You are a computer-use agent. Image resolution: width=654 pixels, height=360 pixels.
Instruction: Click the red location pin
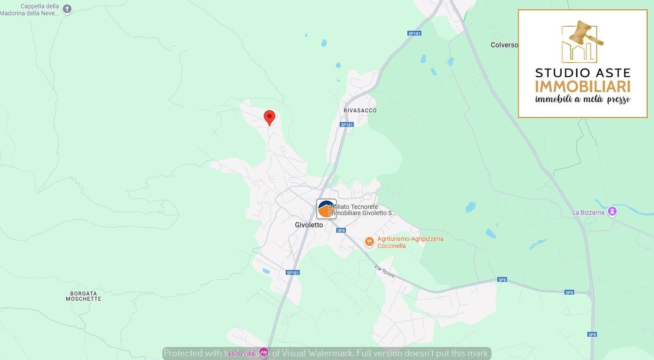pyautogui.click(x=269, y=117)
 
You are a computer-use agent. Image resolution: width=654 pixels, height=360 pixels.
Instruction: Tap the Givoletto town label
pyautogui.click(x=309, y=225)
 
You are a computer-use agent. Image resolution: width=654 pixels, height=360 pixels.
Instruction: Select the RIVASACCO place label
pyautogui.click(x=360, y=110)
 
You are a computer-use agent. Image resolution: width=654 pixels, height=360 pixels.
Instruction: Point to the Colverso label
pyautogui.click(x=504, y=45)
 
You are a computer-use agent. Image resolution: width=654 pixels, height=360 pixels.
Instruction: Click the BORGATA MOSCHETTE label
pyautogui.click(x=83, y=296)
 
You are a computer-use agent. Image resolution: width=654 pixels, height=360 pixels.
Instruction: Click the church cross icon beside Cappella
pyautogui.click(x=67, y=9)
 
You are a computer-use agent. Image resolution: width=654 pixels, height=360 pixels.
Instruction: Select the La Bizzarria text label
pyautogui.click(x=588, y=212)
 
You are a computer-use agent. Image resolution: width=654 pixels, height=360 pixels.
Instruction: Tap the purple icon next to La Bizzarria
pyautogui.click(x=612, y=212)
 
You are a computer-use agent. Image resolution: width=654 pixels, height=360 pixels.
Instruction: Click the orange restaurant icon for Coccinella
pyautogui.click(x=370, y=242)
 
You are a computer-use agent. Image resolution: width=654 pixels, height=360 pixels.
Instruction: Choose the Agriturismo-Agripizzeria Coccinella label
pyautogui.click(x=410, y=242)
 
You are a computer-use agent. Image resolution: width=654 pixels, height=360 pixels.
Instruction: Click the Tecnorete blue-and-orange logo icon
pyautogui.click(x=326, y=209)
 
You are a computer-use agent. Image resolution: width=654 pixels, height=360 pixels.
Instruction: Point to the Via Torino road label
pyautogui.click(x=385, y=271)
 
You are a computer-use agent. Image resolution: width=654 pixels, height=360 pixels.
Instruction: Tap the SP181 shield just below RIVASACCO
pyautogui.click(x=347, y=125)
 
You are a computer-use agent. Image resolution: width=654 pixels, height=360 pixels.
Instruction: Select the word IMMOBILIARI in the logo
pyautogui.click(x=582, y=86)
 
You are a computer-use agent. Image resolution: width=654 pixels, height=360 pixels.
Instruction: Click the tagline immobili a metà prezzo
pyautogui.click(x=582, y=99)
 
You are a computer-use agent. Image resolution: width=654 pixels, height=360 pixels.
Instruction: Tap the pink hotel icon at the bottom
pyautogui.click(x=263, y=353)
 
